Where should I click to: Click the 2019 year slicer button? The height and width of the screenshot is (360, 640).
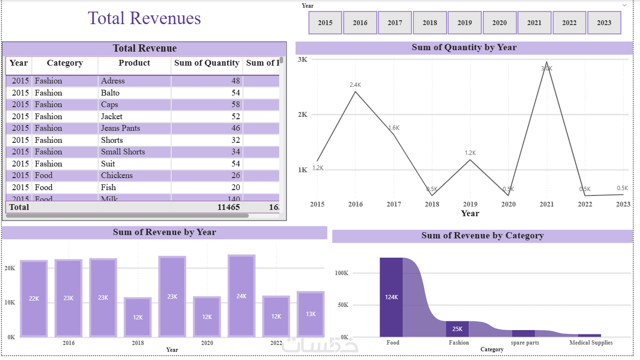pyautogui.click(x=464, y=23)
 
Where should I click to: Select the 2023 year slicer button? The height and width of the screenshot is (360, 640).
pyautogui.click(x=604, y=23)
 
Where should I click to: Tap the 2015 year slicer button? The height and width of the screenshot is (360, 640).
pyautogui.click(x=325, y=23)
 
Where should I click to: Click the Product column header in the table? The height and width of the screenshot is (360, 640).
pyautogui.click(x=134, y=63)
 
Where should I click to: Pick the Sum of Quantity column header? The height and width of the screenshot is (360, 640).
pyautogui.click(x=206, y=63)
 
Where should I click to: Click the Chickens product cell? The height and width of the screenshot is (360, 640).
pyautogui.click(x=117, y=176)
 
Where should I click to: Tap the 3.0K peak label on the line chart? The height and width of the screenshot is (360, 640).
pyautogui.click(x=546, y=69)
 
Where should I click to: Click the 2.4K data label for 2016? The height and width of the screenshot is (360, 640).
pyautogui.click(x=355, y=85)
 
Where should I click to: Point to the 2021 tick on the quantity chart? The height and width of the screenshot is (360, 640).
pyautogui.click(x=546, y=204)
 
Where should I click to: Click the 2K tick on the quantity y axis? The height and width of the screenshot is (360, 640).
pyautogui.click(x=303, y=115)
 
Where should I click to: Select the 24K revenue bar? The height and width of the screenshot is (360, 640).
pyautogui.click(x=242, y=295)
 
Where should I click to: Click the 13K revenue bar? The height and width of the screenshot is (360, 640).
pyautogui.click(x=311, y=314)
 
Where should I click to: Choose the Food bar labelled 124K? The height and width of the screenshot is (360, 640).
pyautogui.click(x=391, y=297)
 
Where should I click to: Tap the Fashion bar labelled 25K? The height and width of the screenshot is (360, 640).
pyautogui.click(x=457, y=329)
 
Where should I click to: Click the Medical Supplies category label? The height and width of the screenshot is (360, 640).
pyautogui.click(x=591, y=343)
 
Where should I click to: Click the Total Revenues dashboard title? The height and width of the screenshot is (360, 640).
pyautogui.click(x=144, y=18)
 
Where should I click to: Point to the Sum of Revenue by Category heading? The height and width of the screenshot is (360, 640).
pyautogui.click(x=482, y=236)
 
